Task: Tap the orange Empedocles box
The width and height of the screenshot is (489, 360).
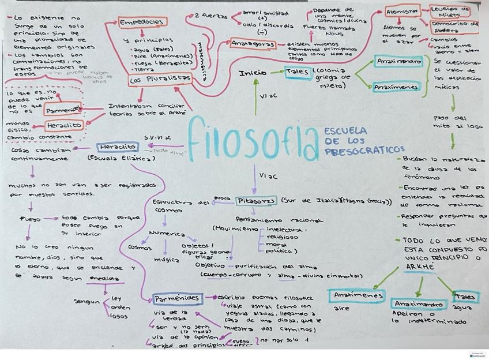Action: click(x=142, y=22)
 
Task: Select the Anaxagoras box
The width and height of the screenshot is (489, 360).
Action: click(x=251, y=43)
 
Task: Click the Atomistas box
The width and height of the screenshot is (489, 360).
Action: click(x=403, y=12)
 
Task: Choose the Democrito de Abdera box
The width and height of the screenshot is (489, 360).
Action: click(x=454, y=27)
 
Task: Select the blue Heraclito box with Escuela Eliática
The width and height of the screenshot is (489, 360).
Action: click(x=116, y=147)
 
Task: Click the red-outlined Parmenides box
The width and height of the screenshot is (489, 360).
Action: click(x=63, y=109)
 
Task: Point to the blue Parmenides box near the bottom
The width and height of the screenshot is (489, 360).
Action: click(x=177, y=299)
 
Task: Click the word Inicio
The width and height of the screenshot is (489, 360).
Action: click(x=253, y=73)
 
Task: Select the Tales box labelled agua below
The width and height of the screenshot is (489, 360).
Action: click(x=465, y=297)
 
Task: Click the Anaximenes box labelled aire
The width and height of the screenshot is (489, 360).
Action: click(x=358, y=296)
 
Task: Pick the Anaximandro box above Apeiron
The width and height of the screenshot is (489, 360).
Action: click(x=419, y=304)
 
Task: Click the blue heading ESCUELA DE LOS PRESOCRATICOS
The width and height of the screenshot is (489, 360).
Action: click(x=363, y=141)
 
